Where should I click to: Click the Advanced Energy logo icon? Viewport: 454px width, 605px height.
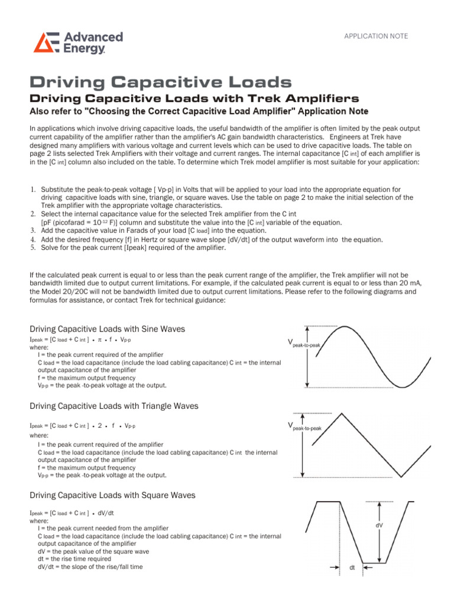44,43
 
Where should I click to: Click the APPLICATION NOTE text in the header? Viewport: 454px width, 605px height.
376,36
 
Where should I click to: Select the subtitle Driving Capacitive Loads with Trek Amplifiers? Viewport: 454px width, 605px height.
194,98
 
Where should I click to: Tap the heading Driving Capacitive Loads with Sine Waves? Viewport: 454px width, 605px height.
107,328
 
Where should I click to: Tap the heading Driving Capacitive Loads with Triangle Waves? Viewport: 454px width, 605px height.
113,406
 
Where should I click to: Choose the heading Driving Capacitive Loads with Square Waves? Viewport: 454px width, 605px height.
112,495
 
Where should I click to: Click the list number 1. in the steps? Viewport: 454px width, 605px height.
33,190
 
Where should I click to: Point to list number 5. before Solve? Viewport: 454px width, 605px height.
33,248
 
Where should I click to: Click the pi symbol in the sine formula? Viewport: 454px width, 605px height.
100,341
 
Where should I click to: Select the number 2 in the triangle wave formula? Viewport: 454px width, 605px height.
100,425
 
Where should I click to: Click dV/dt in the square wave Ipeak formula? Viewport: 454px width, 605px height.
106,513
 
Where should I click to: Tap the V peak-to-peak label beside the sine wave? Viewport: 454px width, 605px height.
303,342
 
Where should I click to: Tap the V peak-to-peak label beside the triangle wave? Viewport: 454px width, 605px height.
303,426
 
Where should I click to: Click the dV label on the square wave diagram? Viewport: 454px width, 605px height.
379,525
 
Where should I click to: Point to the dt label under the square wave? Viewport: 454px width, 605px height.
352,568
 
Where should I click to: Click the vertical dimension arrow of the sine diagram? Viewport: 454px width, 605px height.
306,356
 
